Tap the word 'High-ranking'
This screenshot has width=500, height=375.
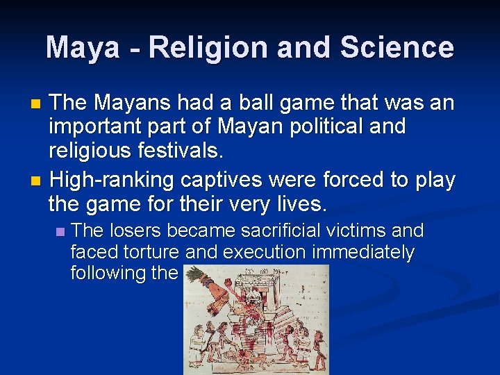(112, 181)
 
